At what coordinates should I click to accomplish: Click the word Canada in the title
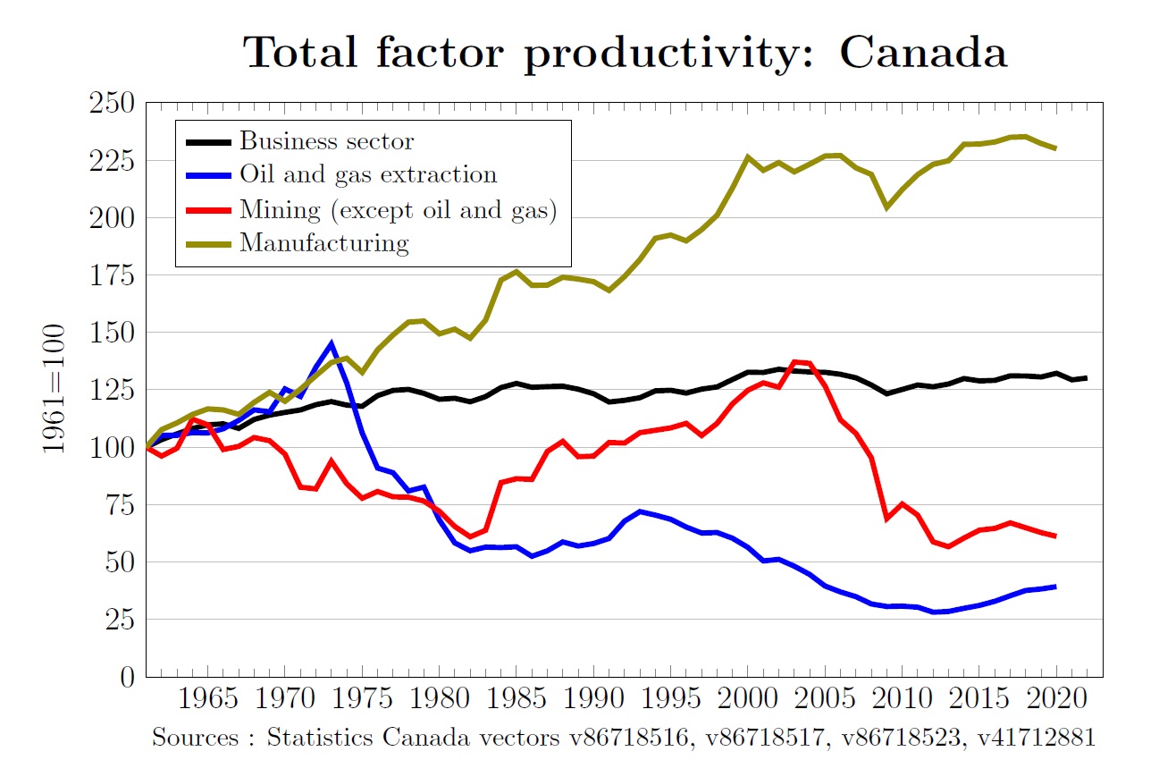(923, 54)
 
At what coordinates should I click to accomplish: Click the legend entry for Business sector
(326, 141)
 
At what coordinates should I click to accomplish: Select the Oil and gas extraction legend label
(367, 175)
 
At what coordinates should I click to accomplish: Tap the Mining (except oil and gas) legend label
(399, 209)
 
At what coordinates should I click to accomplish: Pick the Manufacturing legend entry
(323, 243)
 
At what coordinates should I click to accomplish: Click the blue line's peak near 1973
(332, 343)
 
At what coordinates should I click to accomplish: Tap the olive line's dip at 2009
(886, 207)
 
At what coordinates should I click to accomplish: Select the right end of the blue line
(1055, 587)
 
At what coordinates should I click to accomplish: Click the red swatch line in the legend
(208, 210)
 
